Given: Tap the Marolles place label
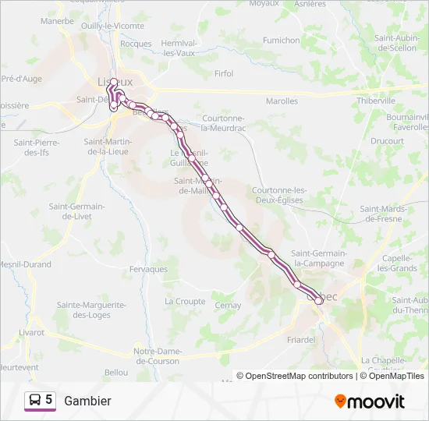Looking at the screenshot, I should click(x=282, y=101).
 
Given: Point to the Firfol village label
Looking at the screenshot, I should click(x=223, y=74).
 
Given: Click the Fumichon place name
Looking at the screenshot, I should click(x=281, y=40).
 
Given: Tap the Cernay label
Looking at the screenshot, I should click(x=228, y=306).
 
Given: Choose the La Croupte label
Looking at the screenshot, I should click(x=185, y=301).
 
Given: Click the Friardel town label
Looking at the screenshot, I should click(x=300, y=339).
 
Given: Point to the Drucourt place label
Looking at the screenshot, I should click(x=387, y=141).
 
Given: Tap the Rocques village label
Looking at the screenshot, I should click(x=136, y=44).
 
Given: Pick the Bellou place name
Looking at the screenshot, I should click(x=115, y=373).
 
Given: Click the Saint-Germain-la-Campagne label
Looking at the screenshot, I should click(x=318, y=258).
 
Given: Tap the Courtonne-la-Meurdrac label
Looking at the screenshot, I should click(x=224, y=123).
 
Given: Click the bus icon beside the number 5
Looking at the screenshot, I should click(x=35, y=400).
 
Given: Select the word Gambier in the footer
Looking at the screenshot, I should click(x=87, y=401).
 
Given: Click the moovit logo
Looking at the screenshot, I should click(x=370, y=401).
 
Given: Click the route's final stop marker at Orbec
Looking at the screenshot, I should click(x=318, y=300).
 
